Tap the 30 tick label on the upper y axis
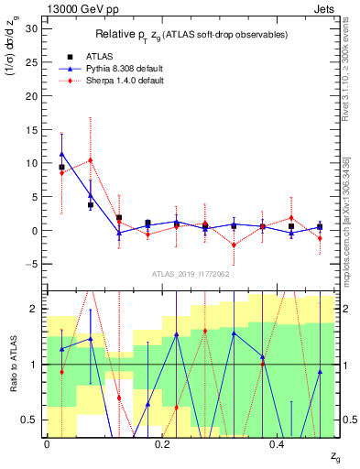pyautogui.click(x=30, y=28)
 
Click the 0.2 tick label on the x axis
pyautogui.click(x=162, y=443)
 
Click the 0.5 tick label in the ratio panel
pyautogui.click(x=30, y=420)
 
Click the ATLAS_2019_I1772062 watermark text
pyautogui.click(x=191, y=274)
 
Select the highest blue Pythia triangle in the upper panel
pyautogui.click(x=61, y=154)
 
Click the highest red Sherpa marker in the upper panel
pyautogui.click(x=90, y=160)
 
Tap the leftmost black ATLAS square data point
pyautogui.click(x=61, y=168)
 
